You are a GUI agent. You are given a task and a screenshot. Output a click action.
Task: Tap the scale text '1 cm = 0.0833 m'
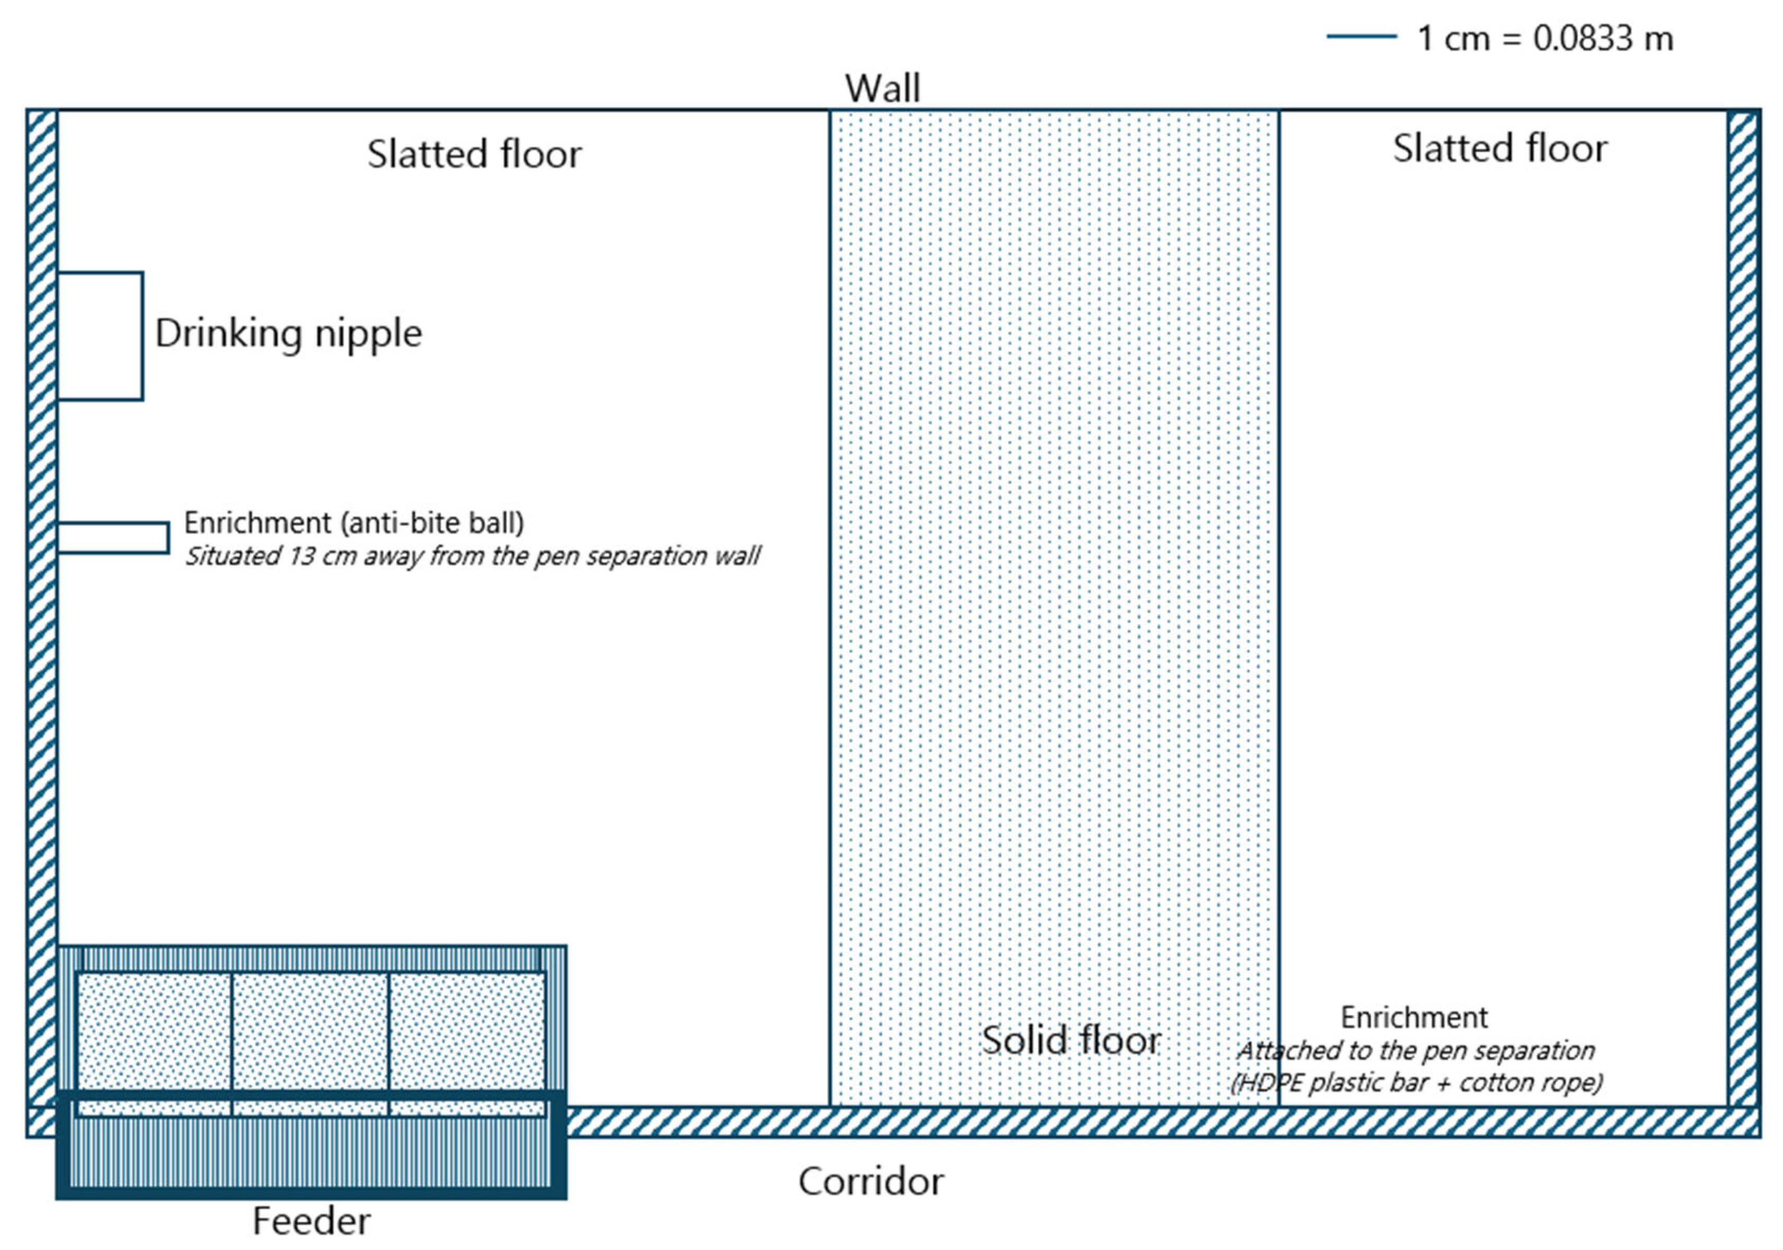tap(1545, 39)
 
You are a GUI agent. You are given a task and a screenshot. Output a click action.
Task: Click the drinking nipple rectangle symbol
tap(100, 336)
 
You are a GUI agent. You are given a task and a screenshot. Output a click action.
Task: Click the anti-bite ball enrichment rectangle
tap(113, 537)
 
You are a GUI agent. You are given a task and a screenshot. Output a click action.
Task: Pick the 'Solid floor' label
tap(1071, 1040)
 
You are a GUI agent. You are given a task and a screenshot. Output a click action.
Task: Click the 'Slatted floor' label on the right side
tap(1500, 148)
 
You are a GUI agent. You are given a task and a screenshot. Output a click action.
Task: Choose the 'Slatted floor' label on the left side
tap(474, 154)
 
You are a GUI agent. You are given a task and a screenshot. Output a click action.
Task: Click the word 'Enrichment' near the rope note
tap(1414, 1017)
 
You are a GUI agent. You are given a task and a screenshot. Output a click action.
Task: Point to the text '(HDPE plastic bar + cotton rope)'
tap(1417, 1083)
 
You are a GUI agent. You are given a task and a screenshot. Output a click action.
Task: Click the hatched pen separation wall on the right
tap(1743, 606)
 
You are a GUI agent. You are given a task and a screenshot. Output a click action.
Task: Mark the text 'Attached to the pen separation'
tap(1416, 1051)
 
